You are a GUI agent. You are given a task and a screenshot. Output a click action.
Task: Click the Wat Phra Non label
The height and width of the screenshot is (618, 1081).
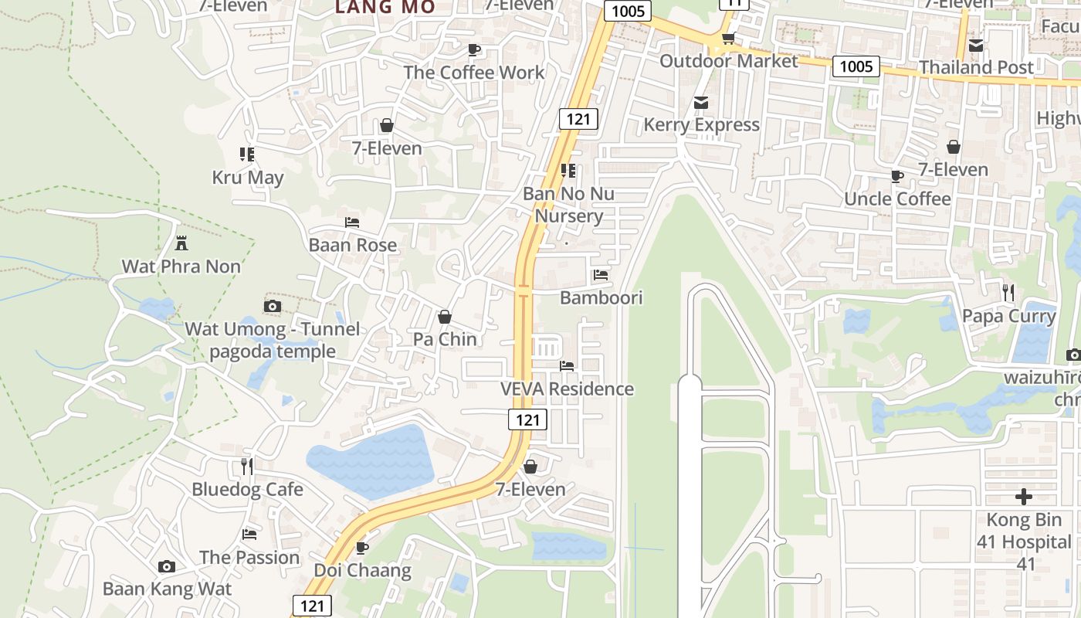click(181, 267)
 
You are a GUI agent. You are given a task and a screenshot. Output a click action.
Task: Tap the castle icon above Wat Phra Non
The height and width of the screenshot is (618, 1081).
click(181, 243)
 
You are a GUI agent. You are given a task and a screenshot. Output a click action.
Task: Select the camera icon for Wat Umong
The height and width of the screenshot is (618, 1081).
click(272, 307)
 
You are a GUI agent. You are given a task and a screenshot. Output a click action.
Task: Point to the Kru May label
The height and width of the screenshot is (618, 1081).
click(248, 178)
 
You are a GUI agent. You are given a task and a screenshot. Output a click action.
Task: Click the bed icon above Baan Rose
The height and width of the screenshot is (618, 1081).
click(352, 222)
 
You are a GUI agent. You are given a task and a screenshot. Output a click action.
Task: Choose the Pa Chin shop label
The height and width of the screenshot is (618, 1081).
click(445, 339)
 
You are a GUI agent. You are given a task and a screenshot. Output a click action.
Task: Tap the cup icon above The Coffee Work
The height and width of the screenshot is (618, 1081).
click(474, 50)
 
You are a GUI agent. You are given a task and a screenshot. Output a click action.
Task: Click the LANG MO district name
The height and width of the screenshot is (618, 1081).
click(385, 7)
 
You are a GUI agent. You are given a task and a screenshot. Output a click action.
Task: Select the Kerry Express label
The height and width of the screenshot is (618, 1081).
click(701, 125)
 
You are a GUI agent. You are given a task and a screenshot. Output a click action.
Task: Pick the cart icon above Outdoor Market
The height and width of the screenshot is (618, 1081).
click(727, 39)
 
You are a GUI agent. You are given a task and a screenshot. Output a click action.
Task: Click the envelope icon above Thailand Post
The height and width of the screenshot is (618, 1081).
click(976, 46)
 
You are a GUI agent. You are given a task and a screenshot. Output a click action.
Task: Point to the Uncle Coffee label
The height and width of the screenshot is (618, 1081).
click(897, 199)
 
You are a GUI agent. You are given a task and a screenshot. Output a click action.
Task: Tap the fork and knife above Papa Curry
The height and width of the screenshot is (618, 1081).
click(1008, 293)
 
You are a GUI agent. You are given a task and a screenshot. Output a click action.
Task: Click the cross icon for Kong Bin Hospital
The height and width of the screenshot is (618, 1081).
click(1024, 497)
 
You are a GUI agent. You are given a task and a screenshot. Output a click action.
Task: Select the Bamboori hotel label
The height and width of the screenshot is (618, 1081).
click(601, 298)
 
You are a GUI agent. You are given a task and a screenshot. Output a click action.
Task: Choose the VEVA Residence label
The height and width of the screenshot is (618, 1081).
click(567, 389)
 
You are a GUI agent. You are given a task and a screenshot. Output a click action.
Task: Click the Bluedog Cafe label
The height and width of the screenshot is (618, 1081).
click(247, 490)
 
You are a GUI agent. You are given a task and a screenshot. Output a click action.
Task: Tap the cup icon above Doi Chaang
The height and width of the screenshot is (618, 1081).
click(361, 548)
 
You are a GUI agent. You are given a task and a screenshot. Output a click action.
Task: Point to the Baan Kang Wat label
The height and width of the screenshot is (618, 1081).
click(167, 589)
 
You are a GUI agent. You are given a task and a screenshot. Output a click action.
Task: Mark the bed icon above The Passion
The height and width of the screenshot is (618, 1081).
click(249, 534)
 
